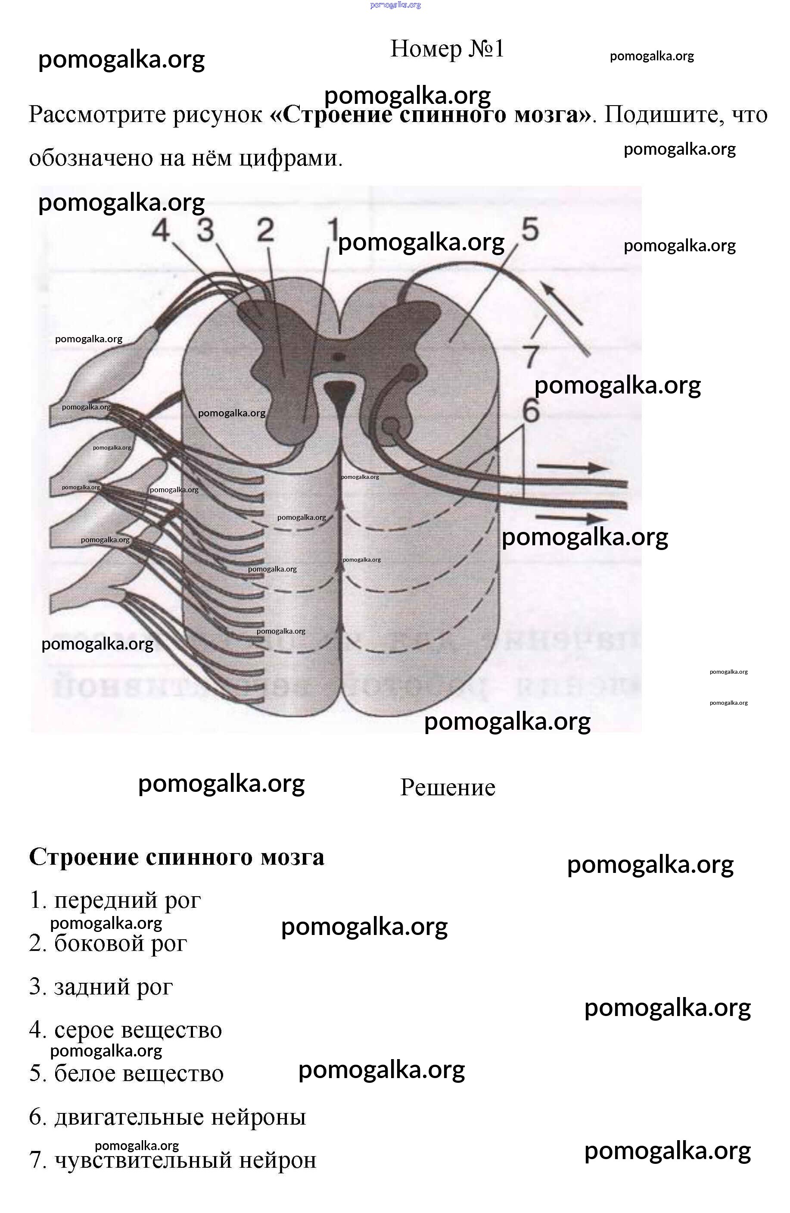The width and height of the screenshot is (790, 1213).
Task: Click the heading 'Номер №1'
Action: tap(447, 49)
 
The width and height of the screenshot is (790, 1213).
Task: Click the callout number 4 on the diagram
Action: tap(161, 231)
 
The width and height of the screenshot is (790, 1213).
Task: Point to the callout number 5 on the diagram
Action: tap(530, 229)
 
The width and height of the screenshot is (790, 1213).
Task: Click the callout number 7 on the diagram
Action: tap(531, 355)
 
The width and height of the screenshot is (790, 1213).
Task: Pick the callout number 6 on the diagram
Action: tap(531, 410)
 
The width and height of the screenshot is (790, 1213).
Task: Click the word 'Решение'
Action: tap(447, 788)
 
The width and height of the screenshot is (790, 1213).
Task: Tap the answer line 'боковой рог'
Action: tap(109, 944)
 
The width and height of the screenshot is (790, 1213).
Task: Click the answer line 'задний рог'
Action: tap(101, 987)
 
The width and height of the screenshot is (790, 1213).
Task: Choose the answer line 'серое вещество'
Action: tap(126, 1030)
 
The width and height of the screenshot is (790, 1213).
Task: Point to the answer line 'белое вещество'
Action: tap(127, 1073)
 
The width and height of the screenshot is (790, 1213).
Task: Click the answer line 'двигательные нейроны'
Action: tap(168, 1117)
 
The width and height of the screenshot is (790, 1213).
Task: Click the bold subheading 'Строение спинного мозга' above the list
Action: tap(177, 857)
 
